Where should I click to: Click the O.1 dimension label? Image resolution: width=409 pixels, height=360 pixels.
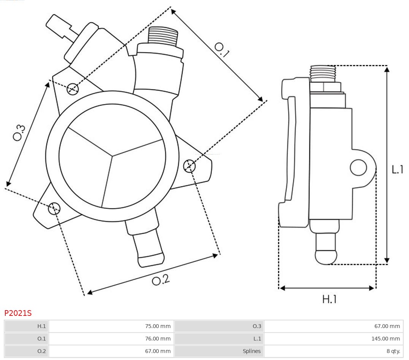(x=222, y=49)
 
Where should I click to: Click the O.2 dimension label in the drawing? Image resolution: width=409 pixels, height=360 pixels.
(x=160, y=280)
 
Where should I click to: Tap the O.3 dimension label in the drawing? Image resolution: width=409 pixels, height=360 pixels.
(x=19, y=132)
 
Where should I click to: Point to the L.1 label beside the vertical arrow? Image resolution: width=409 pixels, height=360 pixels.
(x=397, y=169)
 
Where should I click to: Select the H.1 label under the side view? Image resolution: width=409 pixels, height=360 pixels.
(x=329, y=299)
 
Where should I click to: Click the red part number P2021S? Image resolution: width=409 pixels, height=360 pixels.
(x=18, y=313)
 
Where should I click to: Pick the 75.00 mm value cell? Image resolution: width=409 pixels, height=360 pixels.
(x=111, y=326)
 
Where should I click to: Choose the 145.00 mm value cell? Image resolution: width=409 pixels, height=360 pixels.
(x=333, y=339)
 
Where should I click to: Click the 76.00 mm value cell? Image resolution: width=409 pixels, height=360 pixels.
(x=111, y=339)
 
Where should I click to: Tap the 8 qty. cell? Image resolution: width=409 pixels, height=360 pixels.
(x=333, y=351)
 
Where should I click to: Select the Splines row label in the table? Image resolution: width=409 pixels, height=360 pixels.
(x=219, y=351)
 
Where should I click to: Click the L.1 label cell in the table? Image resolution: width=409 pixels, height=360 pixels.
(x=219, y=339)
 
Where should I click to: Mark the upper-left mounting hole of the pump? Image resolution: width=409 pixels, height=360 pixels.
(x=72, y=89)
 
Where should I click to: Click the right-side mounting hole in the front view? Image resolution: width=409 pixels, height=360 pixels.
(x=189, y=166)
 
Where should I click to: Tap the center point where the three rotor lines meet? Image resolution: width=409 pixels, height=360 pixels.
(x=113, y=155)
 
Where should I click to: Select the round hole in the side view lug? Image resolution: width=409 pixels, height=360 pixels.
(x=358, y=167)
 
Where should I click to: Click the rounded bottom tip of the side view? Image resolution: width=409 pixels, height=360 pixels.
(x=326, y=257)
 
